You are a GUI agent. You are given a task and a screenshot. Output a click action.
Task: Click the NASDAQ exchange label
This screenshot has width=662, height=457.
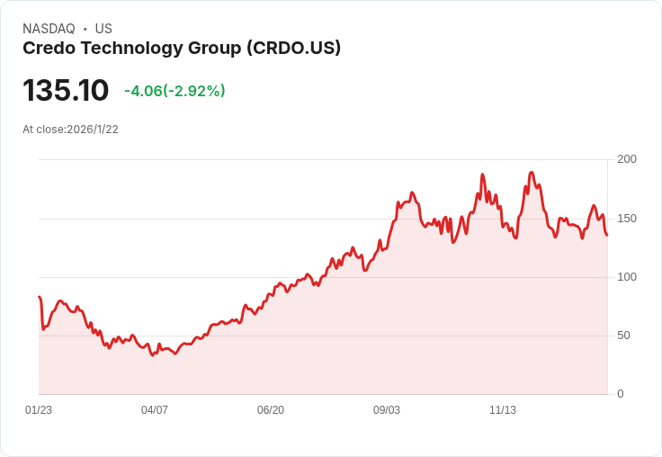[49, 29]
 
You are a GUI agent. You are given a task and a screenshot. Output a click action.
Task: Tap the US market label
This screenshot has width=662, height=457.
[103, 29]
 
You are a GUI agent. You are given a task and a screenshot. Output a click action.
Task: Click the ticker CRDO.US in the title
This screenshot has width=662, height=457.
[293, 49]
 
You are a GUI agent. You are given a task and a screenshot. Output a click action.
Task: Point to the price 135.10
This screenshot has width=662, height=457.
[66, 90]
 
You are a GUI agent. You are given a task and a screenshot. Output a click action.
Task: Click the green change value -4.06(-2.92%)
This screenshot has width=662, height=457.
[174, 91]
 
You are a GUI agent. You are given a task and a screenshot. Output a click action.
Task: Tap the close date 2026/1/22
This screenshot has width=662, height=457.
[93, 130]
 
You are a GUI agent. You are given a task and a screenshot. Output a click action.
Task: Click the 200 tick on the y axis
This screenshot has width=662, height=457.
[626, 159]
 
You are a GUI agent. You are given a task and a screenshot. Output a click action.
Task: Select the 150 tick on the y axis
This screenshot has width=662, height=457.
[626, 218]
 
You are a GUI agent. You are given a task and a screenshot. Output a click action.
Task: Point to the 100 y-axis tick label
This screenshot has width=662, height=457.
[626, 276]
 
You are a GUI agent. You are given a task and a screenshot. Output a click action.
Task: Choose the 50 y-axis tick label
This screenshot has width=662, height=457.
[623, 335]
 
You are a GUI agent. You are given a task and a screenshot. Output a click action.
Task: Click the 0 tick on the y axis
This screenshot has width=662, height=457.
[620, 394]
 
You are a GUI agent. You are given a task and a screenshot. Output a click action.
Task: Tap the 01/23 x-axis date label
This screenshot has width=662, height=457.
[39, 410]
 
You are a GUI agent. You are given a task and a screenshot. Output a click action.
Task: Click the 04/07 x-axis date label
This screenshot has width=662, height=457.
[155, 410]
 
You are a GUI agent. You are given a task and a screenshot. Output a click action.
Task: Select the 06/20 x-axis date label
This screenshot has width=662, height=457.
[271, 410]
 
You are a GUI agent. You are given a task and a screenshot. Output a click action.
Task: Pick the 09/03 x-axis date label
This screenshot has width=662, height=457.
[387, 410]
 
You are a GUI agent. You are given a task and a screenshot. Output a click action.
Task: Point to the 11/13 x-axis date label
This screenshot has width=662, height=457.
[503, 410]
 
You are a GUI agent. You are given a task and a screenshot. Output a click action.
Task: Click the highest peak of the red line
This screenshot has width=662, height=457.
[532, 173]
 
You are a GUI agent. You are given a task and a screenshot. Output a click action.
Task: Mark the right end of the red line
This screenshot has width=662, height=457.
[607, 235]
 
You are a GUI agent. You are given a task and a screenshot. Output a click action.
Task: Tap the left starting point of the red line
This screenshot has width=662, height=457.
[39, 297]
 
